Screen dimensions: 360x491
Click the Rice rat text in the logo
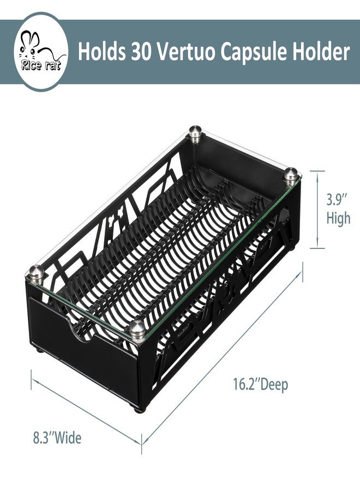(x=41, y=66)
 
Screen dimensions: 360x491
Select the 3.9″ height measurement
(x=337, y=200)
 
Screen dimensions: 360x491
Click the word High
(x=338, y=218)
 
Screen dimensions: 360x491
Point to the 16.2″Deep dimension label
(x=260, y=384)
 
